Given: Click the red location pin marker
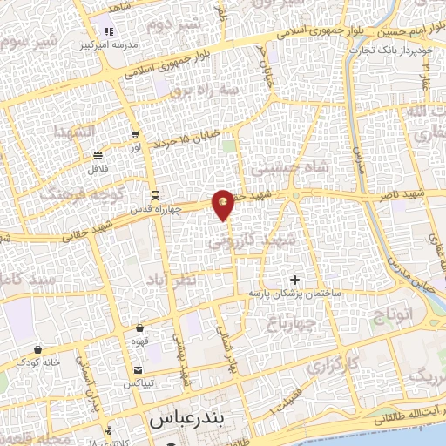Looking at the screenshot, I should pos(224,204).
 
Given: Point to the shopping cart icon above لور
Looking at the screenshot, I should pos(134,134).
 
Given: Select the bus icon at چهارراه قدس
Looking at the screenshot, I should pos(154,194).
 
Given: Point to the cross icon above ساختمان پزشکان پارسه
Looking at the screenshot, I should pos(294,280).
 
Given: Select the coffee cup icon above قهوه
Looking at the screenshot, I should pos(139,328).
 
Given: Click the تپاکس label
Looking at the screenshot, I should pos(139,383).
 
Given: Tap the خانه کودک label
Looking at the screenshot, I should pos(41,362).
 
